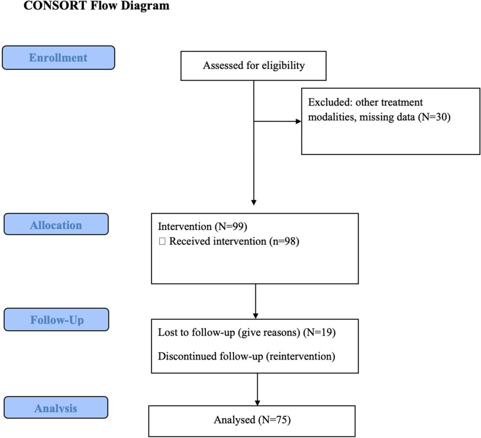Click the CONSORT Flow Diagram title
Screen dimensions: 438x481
pos(88,7)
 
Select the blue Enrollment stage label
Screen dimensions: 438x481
pos(59,58)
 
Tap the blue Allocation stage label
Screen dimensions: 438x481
pos(56,225)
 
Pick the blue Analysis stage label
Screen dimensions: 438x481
pos(56,408)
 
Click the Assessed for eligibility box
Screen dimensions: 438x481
pos(253,66)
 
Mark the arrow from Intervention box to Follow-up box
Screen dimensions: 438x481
pos(256,301)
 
